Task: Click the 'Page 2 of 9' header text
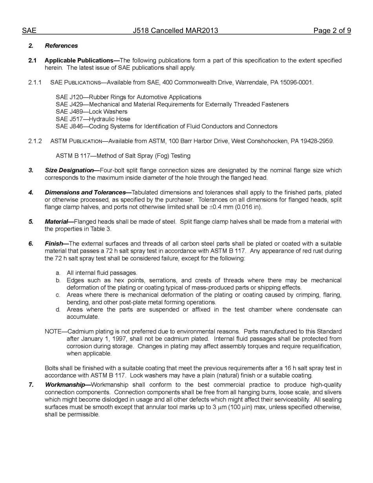click(332, 31)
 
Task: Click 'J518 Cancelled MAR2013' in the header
click(176, 31)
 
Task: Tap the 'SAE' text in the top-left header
click(29, 31)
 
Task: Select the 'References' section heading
click(61, 46)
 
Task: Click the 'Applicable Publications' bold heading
click(79, 60)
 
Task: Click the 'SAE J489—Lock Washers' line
click(91, 112)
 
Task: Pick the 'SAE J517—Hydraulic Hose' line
click(93, 119)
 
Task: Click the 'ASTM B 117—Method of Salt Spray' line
click(123, 156)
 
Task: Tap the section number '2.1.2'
click(35, 141)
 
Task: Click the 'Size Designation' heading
click(69, 170)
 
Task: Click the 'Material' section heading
click(57, 222)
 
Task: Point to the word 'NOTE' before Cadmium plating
click(53, 331)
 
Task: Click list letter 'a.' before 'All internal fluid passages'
click(58, 273)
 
